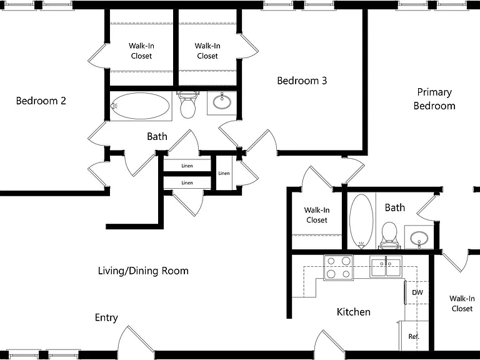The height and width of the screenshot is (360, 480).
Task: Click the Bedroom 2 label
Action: tap(41, 101)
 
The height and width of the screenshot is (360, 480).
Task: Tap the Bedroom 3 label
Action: tap(302, 81)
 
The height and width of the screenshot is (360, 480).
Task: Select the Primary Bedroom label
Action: tap(434, 99)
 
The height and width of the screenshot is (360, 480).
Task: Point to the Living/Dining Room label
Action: tap(143, 271)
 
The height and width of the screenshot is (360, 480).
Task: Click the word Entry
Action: tap(106, 317)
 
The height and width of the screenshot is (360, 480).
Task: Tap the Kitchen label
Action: tap(354, 312)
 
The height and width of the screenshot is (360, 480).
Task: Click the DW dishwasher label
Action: tap(417, 292)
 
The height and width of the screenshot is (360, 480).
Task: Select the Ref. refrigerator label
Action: tap(414, 336)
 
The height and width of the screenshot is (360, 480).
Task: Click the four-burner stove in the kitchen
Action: tap(338, 267)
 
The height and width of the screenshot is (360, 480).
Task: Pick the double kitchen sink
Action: tap(386, 267)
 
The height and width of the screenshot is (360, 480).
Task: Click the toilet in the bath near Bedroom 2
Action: tap(187, 105)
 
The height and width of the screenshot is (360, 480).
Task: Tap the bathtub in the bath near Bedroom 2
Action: tap(140, 106)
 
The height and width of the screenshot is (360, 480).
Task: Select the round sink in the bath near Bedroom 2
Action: tap(222, 102)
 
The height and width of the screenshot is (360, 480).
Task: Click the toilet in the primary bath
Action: tap(390, 236)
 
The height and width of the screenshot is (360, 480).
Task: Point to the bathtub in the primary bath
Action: tap(361, 221)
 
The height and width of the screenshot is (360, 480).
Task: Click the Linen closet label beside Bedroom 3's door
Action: tap(224, 173)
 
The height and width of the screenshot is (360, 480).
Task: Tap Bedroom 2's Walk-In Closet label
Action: tap(141, 51)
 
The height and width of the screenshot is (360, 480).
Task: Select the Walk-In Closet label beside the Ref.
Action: tap(462, 303)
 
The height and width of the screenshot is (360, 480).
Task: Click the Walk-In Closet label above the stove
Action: tap(317, 215)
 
